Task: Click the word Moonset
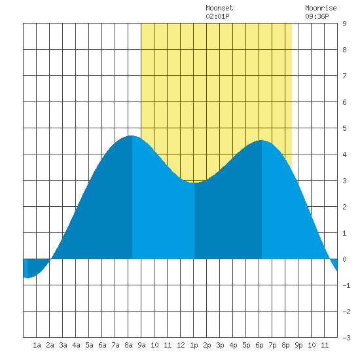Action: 219,8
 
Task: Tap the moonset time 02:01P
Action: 217,16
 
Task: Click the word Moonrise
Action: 321,8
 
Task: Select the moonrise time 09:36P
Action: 317,16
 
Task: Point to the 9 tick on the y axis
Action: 344,24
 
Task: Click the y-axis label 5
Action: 344,128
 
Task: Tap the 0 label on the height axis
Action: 344,259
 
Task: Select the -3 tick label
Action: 346,338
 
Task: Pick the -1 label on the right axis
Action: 346,285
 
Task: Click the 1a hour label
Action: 37,345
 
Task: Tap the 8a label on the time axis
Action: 128,345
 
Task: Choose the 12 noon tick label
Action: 181,345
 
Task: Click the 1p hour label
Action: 194,345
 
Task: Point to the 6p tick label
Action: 259,345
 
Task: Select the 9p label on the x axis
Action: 298,345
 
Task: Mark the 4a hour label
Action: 76,345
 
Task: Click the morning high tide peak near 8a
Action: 131,135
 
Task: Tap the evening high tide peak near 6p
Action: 262,140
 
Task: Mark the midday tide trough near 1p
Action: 194,183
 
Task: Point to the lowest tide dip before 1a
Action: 27,278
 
